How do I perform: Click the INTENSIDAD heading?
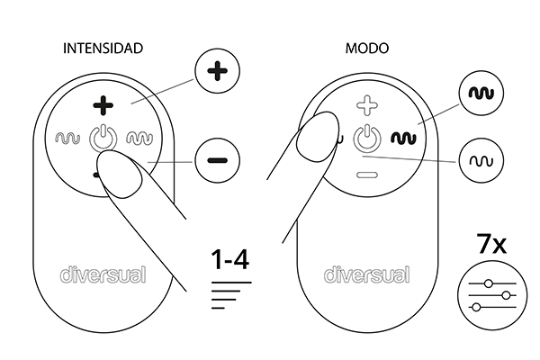103,49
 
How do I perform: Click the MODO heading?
367,49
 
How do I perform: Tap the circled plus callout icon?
217,71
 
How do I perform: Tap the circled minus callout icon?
217,160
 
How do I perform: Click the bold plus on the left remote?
103,105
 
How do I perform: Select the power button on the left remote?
103,138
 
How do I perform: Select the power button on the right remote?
367,138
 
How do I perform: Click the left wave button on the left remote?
67,138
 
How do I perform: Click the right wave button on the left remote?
139,138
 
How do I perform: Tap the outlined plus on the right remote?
367,105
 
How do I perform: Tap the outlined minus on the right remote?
367,175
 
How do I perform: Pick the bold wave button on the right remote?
403,138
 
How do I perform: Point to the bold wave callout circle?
481,93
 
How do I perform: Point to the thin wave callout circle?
481,160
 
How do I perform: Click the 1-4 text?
230,259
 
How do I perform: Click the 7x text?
491,244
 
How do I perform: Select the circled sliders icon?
492,295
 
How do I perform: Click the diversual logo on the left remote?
103,274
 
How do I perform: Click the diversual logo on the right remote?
367,274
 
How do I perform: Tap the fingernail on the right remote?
318,137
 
